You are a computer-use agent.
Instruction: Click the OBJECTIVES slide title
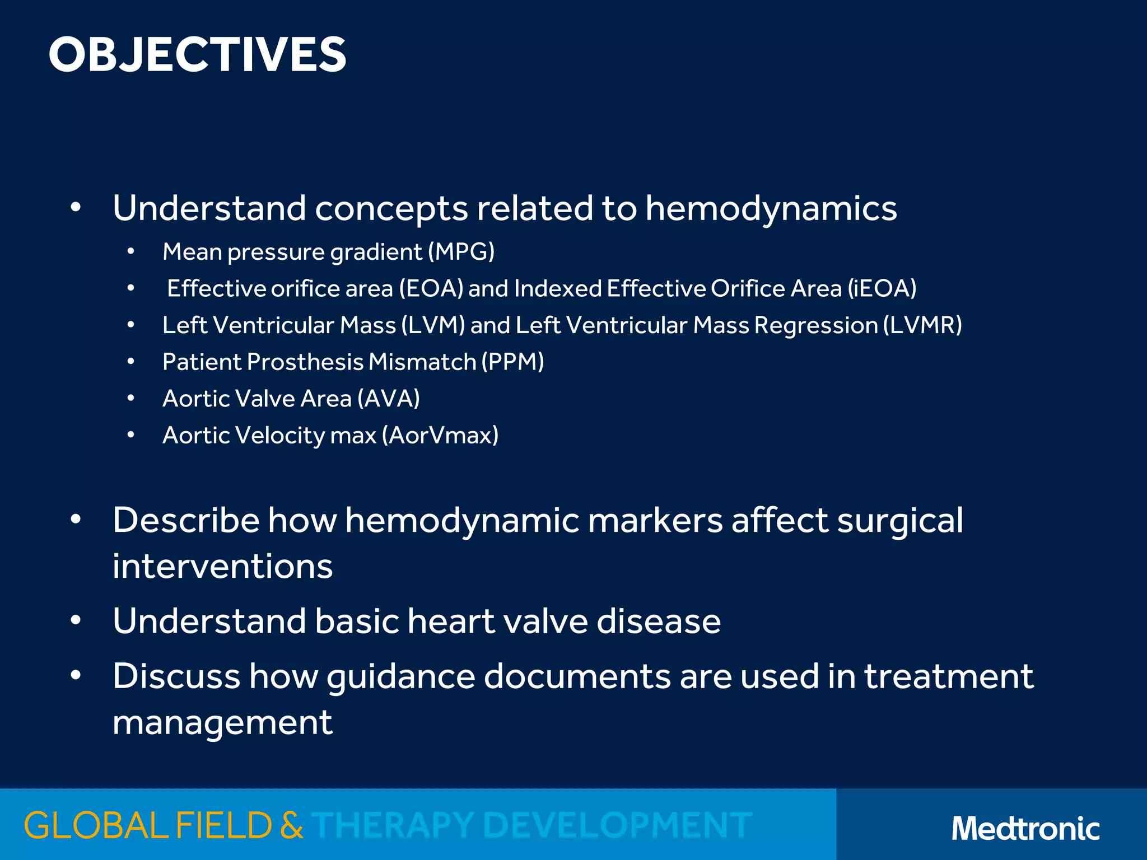click(197, 55)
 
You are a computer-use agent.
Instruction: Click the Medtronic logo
click(1025, 828)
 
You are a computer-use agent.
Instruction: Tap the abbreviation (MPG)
click(461, 252)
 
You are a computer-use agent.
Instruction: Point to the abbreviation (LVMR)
click(922, 325)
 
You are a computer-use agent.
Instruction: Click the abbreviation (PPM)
click(513, 362)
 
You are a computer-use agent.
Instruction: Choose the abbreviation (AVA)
click(389, 399)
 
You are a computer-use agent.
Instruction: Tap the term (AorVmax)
click(440, 436)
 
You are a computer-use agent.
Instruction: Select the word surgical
click(900, 521)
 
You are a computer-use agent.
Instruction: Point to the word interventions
click(222, 567)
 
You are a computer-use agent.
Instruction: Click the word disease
click(659, 621)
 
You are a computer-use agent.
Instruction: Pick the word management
click(222, 723)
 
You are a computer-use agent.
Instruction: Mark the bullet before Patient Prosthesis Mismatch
click(130, 362)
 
